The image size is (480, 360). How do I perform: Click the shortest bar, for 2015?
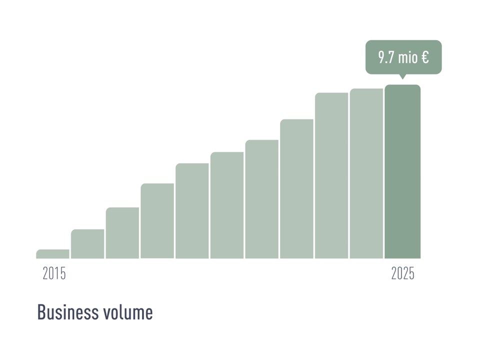click(x=53, y=254)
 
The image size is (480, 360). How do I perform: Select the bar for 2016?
click(x=87, y=244)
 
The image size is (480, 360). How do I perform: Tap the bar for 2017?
click(x=122, y=233)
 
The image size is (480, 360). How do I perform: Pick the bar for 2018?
click(x=157, y=221)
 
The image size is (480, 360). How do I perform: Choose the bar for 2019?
click(x=192, y=211)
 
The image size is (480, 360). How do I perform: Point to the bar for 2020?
click(x=227, y=205)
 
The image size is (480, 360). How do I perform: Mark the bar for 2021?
click(x=262, y=199)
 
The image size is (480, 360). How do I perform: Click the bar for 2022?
click(x=296, y=189)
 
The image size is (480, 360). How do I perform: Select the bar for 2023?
click(x=331, y=175)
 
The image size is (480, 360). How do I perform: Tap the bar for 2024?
click(x=366, y=173)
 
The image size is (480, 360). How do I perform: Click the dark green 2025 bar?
click(x=402, y=171)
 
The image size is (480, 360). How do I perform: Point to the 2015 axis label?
click(x=54, y=274)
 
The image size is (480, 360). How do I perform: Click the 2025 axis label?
click(x=402, y=274)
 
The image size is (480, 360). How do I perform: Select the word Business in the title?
click(x=67, y=312)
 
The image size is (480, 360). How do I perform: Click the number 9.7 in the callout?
click(x=386, y=57)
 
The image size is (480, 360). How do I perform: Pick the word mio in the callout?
click(x=408, y=57)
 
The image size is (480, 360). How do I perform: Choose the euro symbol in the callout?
click(x=425, y=57)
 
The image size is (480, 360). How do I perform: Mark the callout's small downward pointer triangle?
click(x=402, y=76)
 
